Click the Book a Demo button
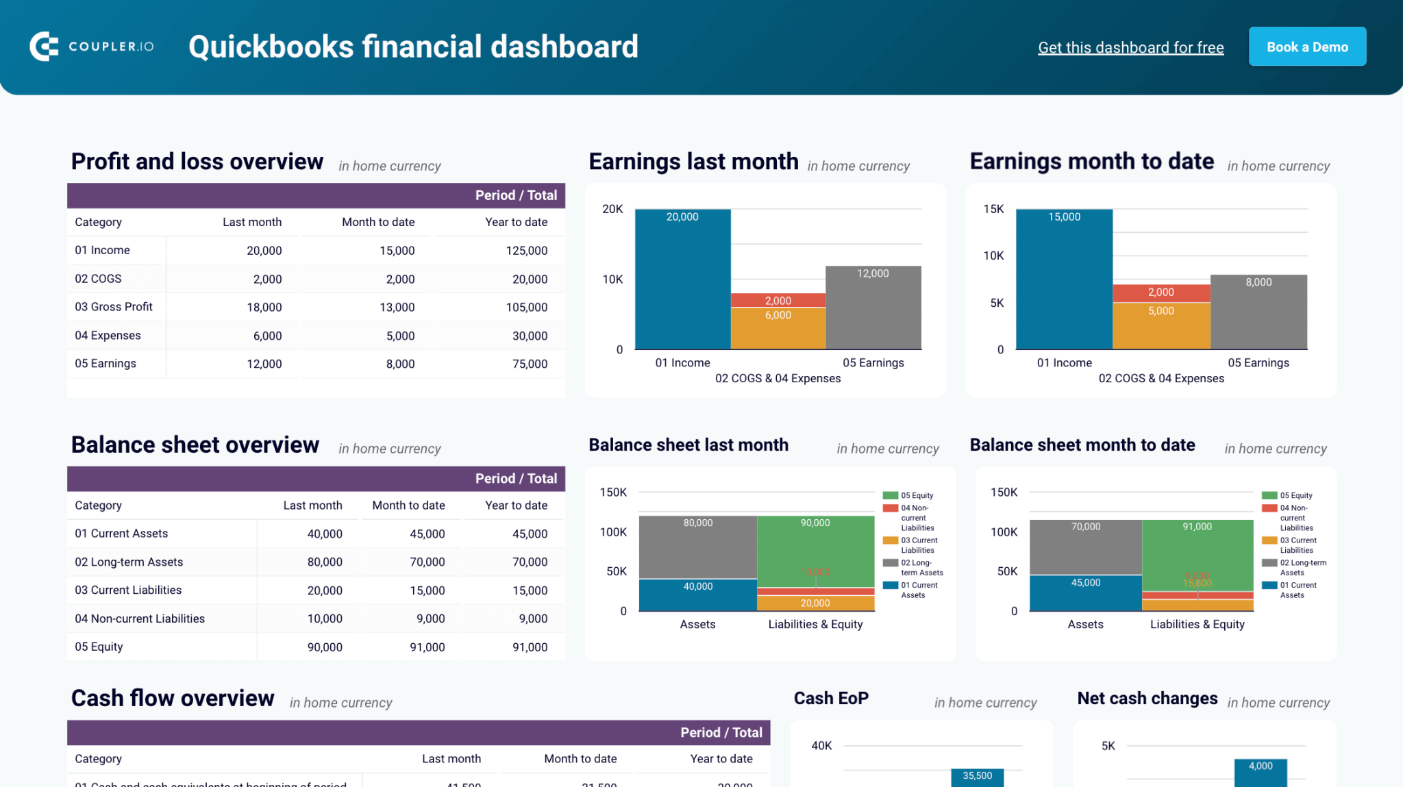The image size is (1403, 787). point(1306,47)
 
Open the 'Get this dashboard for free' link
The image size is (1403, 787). point(1130,47)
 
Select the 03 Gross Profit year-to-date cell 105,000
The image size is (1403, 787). point(526,308)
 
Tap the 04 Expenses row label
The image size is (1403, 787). point(108,336)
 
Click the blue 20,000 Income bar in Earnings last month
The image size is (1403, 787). point(682,281)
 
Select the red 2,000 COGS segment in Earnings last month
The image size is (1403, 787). point(778,300)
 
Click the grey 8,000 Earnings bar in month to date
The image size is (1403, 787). point(1258,312)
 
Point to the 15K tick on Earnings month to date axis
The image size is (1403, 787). point(993,209)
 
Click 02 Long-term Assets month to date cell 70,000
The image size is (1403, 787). point(427,562)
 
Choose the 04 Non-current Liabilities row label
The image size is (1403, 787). point(140,619)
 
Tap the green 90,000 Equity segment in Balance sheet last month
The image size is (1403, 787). point(815,548)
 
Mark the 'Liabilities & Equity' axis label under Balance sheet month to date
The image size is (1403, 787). point(1197,624)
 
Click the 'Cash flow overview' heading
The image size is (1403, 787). point(173,698)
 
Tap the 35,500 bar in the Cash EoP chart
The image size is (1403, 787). point(977,778)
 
